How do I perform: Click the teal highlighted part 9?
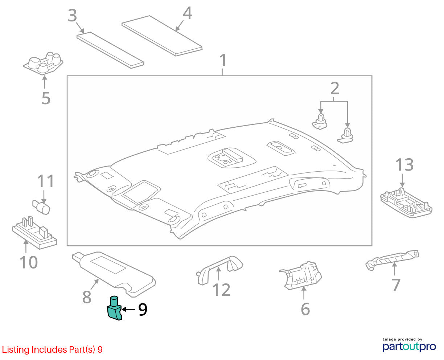click(114, 308)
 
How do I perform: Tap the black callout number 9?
click(143, 310)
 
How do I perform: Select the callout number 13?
click(404, 165)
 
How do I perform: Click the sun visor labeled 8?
click(114, 274)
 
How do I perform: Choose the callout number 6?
click(305, 309)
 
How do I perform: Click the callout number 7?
click(396, 285)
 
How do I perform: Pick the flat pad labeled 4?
click(162, 36)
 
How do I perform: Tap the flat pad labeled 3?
click(110, 50)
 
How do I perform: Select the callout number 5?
click(46, 98)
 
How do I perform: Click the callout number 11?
click(46, 181)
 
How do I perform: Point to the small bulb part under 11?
click(41, 207)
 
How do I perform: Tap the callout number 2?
click(335, 88)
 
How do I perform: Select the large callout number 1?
click(223, 60)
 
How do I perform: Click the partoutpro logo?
click(409, 347)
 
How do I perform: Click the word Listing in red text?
click(15, 350)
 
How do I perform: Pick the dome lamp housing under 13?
click(406, 203)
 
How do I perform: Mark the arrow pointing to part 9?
click(128, 309)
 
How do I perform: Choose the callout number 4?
click(188, 13)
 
